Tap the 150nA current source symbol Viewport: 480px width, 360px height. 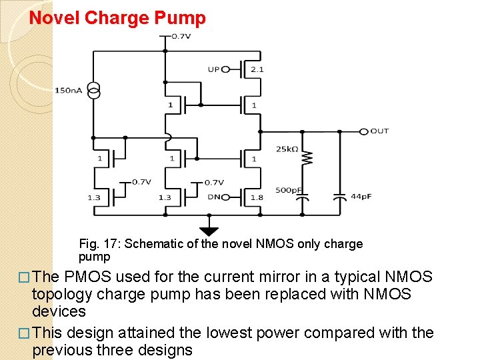(x=94, y=91)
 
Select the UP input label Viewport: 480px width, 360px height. (x=213, y=69)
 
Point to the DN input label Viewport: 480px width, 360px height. (x=213, y=197)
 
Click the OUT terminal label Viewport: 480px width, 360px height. (x=379, y=131)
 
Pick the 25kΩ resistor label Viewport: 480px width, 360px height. (x=287, y=149)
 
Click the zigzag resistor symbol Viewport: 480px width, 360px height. (x=307, y=158)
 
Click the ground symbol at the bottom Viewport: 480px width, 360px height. (x=209, y=231)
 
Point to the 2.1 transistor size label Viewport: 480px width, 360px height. (x=257, y=69)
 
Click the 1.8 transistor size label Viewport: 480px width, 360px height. (x=257, y=197)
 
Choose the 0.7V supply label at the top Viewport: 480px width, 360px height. (x=181, y=36)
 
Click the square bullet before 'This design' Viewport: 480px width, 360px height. (x=24, y=333)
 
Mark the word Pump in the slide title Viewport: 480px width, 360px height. (x=180, y=18)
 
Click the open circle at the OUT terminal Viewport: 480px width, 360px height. (x=363, y=131)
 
